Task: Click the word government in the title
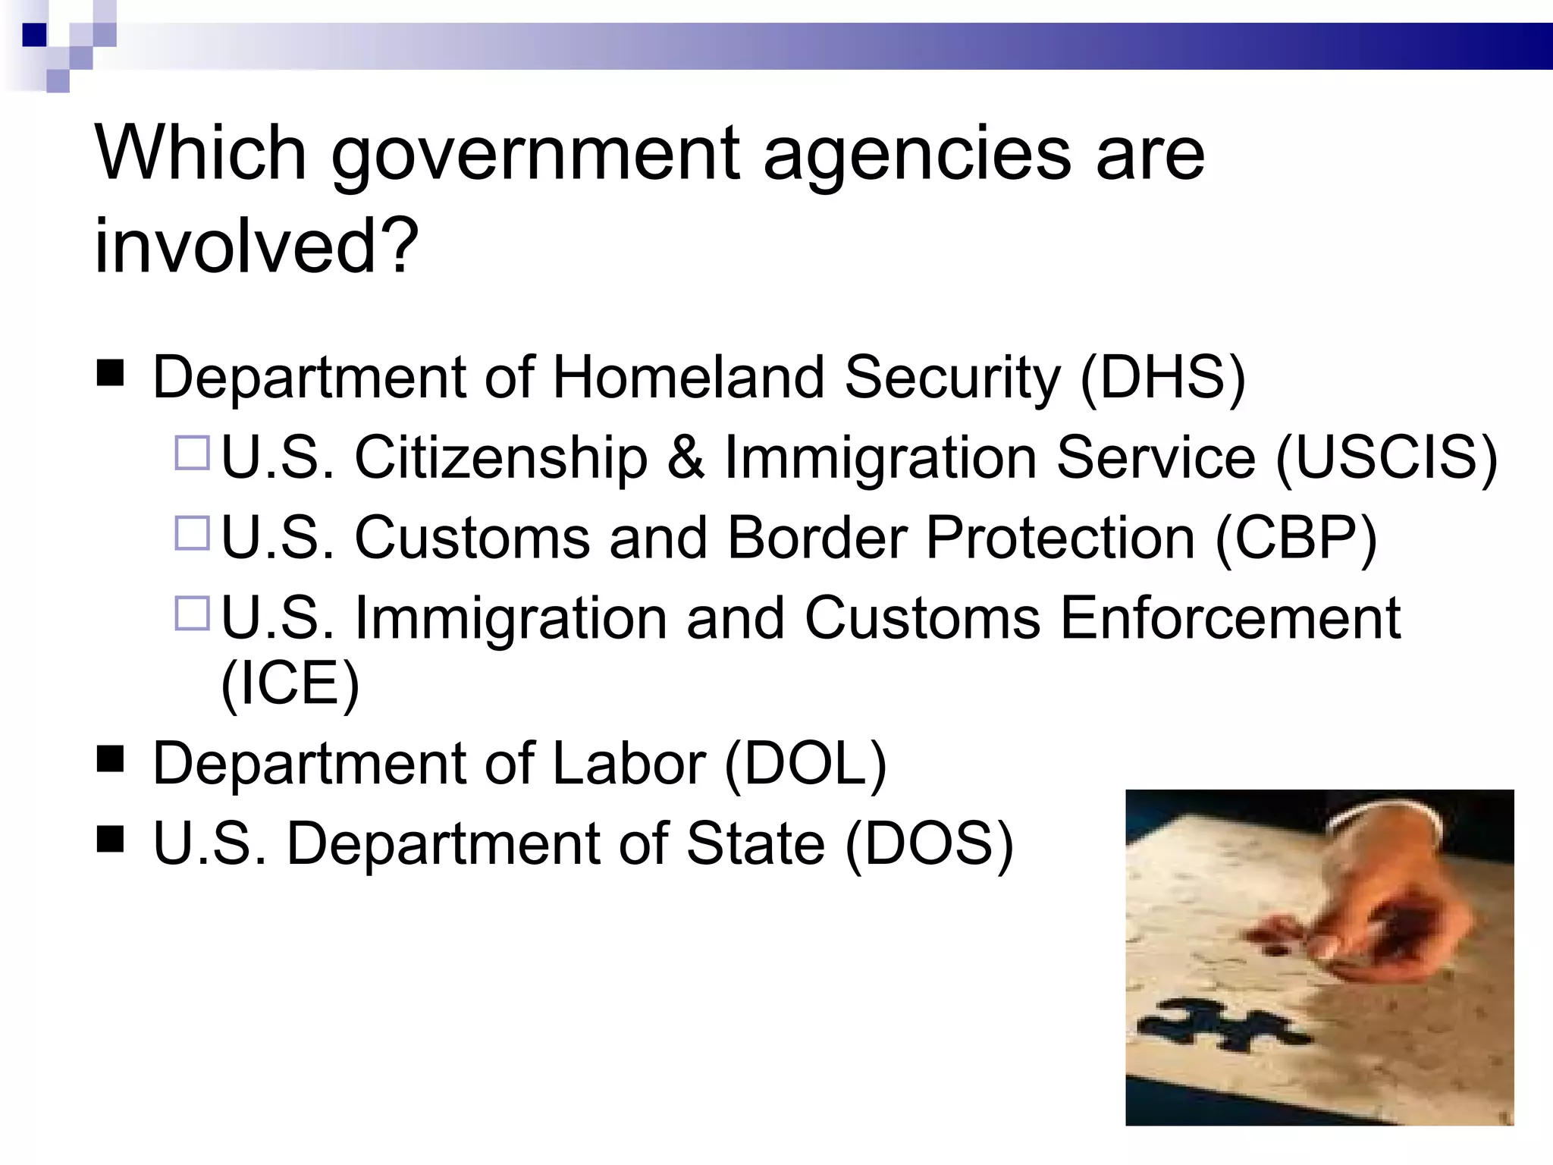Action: [x=535, y=155]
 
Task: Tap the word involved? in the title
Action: [x=256, y=247]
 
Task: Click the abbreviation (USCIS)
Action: [x=1387, y=458]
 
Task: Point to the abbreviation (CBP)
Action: [x=1296, y=539]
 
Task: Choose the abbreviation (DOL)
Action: [x=805, y=764]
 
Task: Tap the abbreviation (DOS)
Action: [x=928, y=844]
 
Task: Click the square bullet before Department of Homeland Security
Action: [x=111, y=374]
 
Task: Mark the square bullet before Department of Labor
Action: [x=111, y=758]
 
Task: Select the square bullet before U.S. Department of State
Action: [x=111, y=840]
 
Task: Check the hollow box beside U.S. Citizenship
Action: [x=192, y=453]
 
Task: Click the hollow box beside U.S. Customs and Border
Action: [x=192, y=532]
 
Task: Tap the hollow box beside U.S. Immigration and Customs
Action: [x=192, y=613]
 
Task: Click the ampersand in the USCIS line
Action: [x=686, y=458]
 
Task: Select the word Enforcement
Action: [x=1230, y=619]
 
